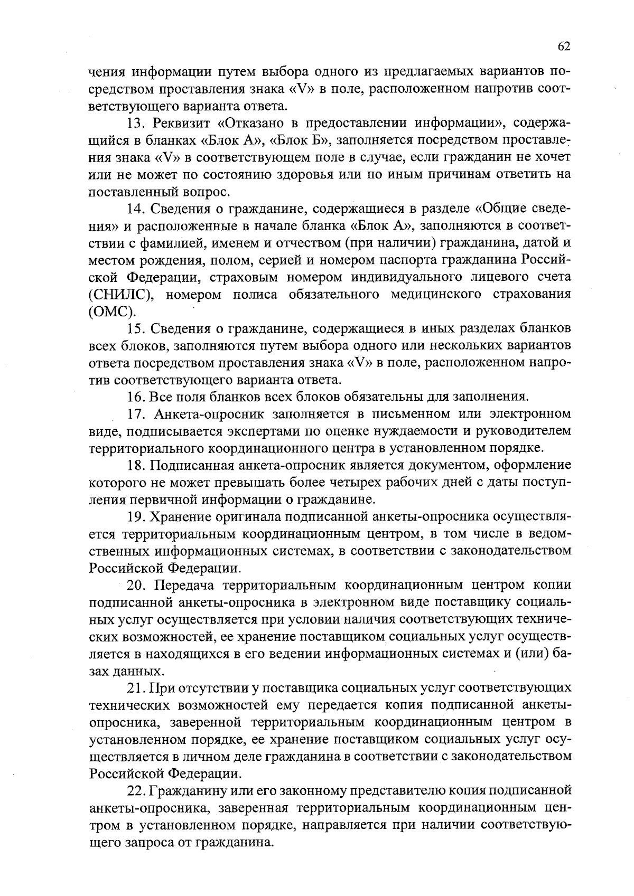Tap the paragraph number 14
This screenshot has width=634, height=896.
(136, 209)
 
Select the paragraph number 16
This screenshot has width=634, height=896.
(136, 397)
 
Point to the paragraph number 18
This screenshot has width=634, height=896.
(136, 465)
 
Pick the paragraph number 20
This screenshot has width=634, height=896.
(136, 585)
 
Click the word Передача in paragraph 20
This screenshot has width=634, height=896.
(182, 585)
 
